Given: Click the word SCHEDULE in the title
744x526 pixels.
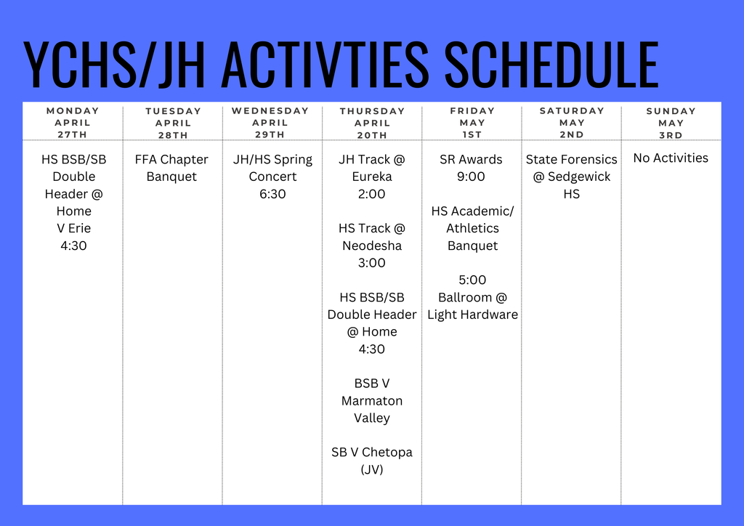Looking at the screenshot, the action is (x=551, y=65).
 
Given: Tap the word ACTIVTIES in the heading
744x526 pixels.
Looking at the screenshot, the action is (x=325, y=65).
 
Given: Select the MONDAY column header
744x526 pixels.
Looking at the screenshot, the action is (x=73, y=110).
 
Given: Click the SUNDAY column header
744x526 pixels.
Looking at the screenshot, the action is (x=671, y=111).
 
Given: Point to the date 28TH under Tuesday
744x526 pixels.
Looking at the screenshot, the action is (x=173, y=135).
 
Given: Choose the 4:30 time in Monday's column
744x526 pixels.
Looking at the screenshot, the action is (x=73, y=246).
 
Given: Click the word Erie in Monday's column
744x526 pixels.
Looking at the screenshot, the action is (x=79, y=228).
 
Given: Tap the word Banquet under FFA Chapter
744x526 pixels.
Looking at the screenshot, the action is (x=171, y=177).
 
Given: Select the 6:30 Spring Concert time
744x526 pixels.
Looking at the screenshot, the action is (x=272, y=194).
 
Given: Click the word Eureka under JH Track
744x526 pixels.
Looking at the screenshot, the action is (x=372, y=177).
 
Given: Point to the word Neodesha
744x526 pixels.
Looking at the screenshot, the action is (x=372, y=246).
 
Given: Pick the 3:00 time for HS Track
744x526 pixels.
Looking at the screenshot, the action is (x=371, y=263).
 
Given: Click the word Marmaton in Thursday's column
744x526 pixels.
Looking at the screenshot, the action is (x=372, y=401).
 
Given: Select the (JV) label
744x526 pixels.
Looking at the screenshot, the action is (x=372, y=469).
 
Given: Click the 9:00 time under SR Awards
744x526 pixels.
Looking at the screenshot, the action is (x=471, y=177).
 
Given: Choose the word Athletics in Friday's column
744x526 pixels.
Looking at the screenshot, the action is (x=472, y=228).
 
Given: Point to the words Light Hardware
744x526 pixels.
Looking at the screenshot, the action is (x=472, y=315).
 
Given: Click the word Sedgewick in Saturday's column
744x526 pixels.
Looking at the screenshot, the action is (x=579, y=177).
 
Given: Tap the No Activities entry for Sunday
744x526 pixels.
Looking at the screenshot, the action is (x=671, y=158).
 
